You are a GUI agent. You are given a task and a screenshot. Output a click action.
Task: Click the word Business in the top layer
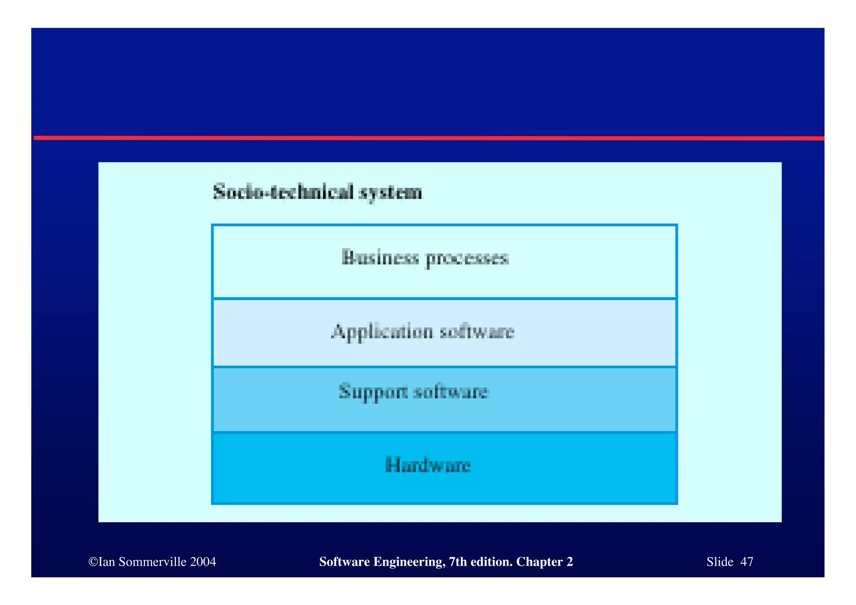(x=380, y=257)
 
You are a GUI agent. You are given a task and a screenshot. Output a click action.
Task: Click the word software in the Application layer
(x=477, y=331)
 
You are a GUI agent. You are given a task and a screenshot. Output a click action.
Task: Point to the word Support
(x=373, y=392)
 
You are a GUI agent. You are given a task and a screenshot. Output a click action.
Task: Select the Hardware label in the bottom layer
(x=428, y=465)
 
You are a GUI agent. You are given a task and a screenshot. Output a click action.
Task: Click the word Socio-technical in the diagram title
(x=283, y=192)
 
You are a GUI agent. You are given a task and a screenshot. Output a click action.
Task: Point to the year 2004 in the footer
(x=203, y=562)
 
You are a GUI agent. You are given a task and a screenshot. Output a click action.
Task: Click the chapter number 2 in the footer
(x=570, y=562)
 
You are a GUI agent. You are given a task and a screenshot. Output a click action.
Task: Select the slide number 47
(x=746, y=562)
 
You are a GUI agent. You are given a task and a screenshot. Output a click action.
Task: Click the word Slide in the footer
(x=720, y=562)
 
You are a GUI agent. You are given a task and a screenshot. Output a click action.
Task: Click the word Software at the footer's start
(x=344, y=562)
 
